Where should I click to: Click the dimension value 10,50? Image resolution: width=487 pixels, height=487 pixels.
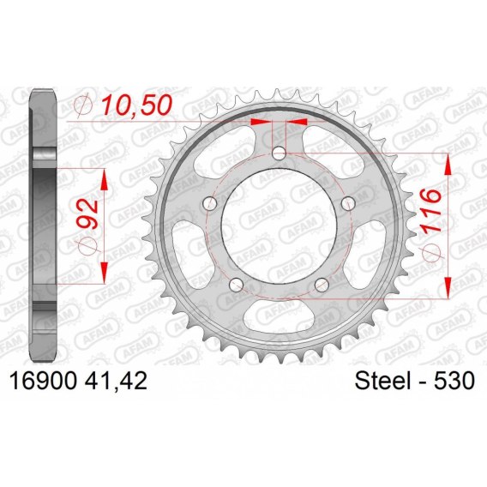click(x=137, y=105)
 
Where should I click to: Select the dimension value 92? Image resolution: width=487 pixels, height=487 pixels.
click(x=87, y=214)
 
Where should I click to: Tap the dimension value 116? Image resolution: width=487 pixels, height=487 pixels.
click(x=431, y=211)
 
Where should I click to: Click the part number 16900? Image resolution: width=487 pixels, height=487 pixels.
click(x=43, y=381)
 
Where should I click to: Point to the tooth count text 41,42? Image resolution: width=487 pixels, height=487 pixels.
click(x=116, y=381)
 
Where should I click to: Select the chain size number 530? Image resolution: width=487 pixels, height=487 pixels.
click(x=454, y=381)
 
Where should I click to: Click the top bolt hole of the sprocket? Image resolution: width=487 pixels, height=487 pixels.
click(x=279, y=153)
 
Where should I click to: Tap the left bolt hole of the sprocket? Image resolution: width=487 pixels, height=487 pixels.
click(x=209, y=204)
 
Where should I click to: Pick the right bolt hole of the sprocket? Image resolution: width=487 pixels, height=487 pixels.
click(x=348, y=204)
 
